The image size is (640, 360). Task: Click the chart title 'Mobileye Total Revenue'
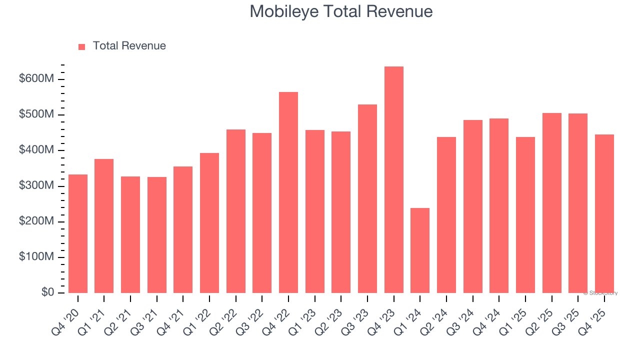(341, 11)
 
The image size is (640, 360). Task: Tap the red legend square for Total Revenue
(82, 46)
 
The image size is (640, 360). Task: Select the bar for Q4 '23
(393, 180)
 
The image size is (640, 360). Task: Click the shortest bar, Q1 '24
(420, 250)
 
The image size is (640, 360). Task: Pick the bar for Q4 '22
(288, 192)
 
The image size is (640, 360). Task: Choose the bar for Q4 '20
(78, 233)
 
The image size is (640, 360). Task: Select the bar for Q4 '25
(604, 213)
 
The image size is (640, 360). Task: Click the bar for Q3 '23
(367, 198)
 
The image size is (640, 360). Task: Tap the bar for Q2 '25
(551, 203)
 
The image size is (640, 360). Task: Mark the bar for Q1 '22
(209, 223)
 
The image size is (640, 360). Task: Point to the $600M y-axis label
(36, 79)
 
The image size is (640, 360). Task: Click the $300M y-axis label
(36, 186)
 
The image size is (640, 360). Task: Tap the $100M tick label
(36, 257)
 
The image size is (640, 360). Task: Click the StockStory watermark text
(600, 293)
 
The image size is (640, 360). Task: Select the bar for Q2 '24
(446, 215)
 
